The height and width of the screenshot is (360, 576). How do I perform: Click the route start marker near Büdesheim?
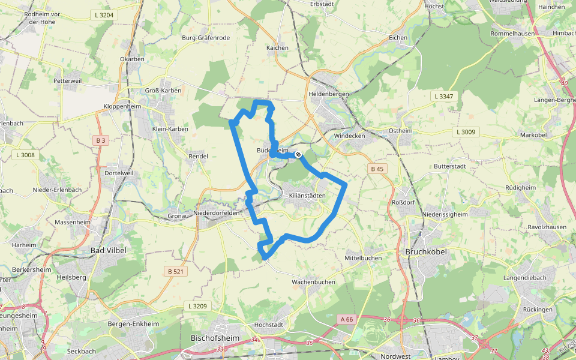pyautogui.click(x=298, y=155)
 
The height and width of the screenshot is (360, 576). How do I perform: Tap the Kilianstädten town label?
pyautogui.click(x=307, y=196)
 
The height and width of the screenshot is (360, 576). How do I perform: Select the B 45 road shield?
pyautogui.click(x=377, y=169)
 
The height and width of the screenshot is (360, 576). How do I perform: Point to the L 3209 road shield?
pyautogui.click(x=197, y=306)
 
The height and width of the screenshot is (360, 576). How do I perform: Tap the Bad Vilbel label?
pyautogui.click(x=108, y=250)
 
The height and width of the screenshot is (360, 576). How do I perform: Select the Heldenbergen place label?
pyautogui.click(x=329, y=94)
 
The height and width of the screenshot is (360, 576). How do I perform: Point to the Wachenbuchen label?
pyautogui.click(x=313, y=281)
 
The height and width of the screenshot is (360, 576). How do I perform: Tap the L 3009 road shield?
pyautogui.click(x=466, y=132)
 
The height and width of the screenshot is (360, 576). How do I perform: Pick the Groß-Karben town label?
pyautogui.click(x=163, y=90)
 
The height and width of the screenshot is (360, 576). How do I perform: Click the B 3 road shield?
pyautogui.click(x=100, y=140)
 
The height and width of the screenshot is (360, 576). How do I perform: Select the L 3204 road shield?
pyautogui.click(x=104, y=14)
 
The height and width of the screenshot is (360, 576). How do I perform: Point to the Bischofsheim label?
pyautogui.click(x=215, y=338)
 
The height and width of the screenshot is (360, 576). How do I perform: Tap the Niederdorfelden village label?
pyautogui.click(x=217, y=212)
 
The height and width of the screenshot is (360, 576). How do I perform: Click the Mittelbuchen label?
pyautogui.click(x=363, y=258)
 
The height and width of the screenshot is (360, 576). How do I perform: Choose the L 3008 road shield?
pyautogui.click(x=25, y=155)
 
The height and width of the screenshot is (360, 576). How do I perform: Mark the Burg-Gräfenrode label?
pyautogui.click(x=206, y=38)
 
